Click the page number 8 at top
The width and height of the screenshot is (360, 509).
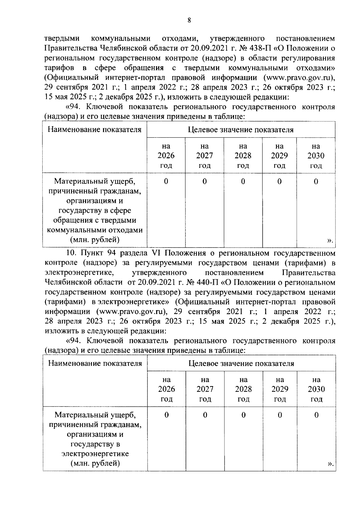click(189, 20)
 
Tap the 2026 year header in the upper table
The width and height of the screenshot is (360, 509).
click(166, 156)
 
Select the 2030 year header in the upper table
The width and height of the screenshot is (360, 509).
click(316, 156)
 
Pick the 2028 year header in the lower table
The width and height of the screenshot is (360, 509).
click(243, 389)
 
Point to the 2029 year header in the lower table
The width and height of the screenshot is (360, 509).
click(280, 389)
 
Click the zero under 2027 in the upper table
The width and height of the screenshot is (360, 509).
click(204, 181)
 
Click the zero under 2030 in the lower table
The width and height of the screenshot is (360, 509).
click(316, 415)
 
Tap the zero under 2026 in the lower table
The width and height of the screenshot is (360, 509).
click(166, 415)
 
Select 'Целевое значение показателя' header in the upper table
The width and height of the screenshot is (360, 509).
click(241, 130)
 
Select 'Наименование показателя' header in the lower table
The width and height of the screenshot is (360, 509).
click(95, 363)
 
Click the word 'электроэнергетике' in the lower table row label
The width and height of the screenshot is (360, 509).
click(95, 454)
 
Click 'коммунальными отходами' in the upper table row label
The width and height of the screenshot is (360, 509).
click(95, 230)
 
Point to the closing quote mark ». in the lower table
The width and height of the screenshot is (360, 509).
click(330, 473)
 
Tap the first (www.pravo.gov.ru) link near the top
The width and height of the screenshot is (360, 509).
click(298, 77)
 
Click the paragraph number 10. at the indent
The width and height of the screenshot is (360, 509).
click(71, 253)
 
